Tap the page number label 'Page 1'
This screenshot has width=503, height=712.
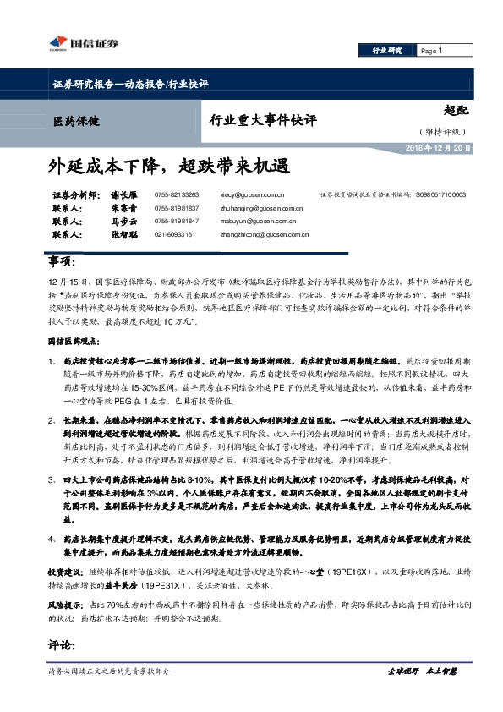coord(431,51)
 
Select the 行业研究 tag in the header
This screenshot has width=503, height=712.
coord(387,51)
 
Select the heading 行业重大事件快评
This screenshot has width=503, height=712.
coord(263,120)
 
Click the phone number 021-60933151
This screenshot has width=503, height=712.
coord(175,234)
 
